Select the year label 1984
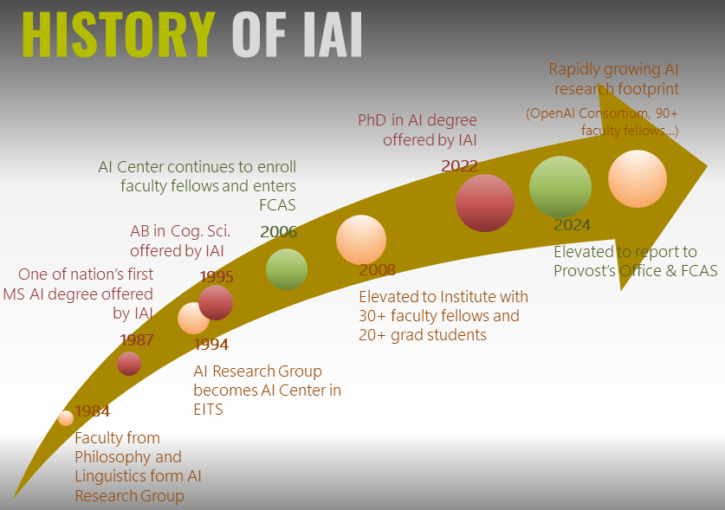click(x=92, y=410)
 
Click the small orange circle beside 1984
click(x=65, y=418)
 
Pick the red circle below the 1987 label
click(x=129, y=364)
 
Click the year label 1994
click(x=211, y=345)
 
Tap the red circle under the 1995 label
click(x=215, y=302)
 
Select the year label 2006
click(x=278, y=231)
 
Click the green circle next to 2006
click(x=286, y=268)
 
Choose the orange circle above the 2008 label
click(x=360, y=240)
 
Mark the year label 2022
click(x=460, y=165)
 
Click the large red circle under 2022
click(x=484, y=203)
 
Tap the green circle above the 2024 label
click(x=560, y=187)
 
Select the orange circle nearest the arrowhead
click(x=637, y=178)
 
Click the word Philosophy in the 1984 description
click(x=116, y=457)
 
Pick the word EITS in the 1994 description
click(x=208, y=410)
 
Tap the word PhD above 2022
click(x=373, y=120)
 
